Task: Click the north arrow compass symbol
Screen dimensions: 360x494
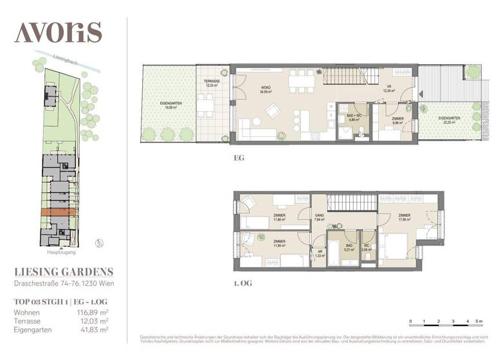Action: [98, 242]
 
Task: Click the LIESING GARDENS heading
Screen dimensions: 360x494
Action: [64, 271]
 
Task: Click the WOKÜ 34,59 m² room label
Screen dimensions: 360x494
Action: [265, 90]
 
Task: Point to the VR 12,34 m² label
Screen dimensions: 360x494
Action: [389, 89]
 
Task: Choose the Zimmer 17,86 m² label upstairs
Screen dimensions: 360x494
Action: [404, 218]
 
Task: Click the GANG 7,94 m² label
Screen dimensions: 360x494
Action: [319, 218]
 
